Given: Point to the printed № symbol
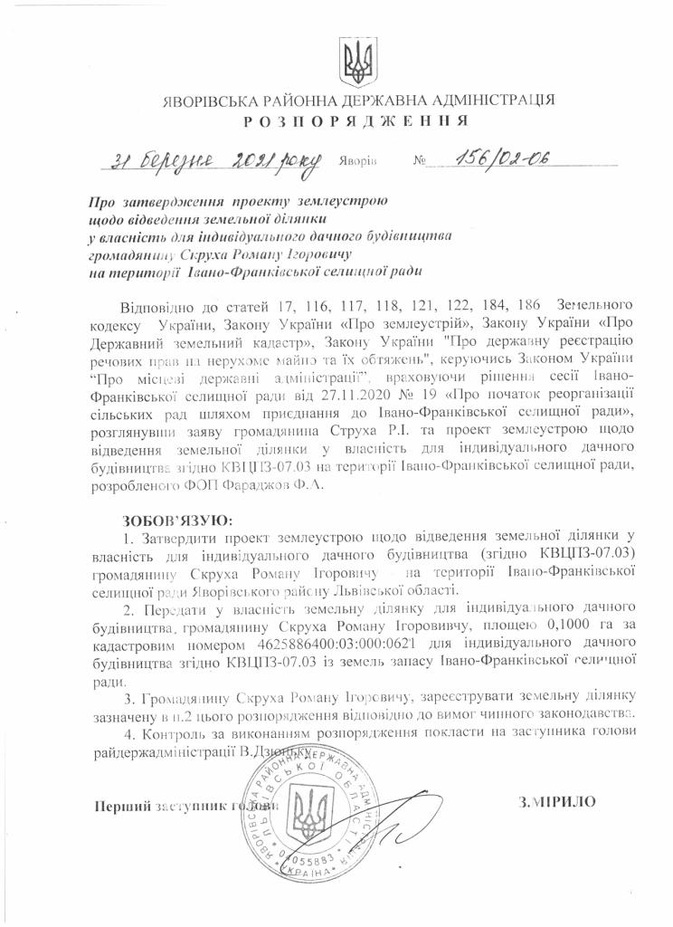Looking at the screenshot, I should click(419, 163).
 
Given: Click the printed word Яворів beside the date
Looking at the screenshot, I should click(359, 164).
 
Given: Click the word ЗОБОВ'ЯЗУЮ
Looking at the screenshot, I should click(177, 521).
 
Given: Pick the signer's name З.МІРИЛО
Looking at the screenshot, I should click(556, 802).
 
